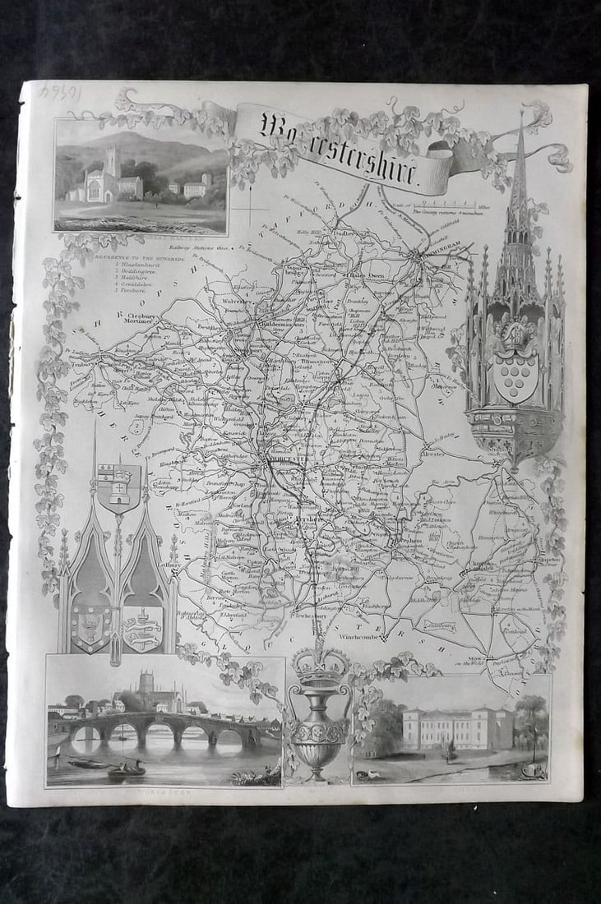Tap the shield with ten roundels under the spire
(515, 376)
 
